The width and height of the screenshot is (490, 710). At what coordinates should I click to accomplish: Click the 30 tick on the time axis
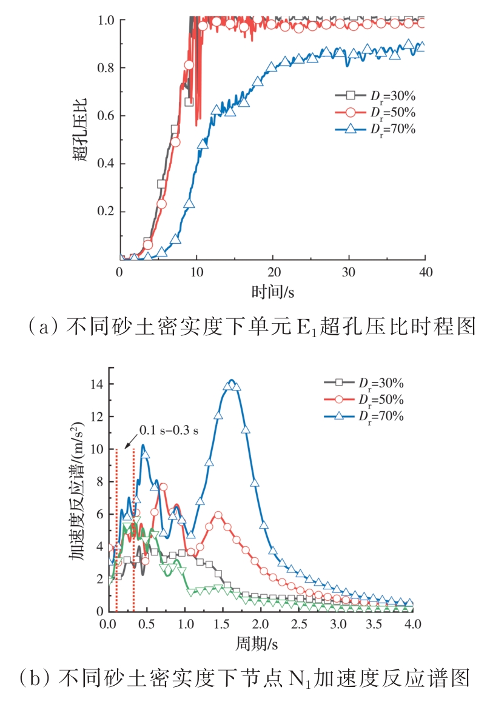349,272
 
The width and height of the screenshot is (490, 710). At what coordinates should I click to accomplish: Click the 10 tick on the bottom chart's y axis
96,449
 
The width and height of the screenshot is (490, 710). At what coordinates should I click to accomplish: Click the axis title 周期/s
260,641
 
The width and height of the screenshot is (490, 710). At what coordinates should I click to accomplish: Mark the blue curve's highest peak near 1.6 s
230,381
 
